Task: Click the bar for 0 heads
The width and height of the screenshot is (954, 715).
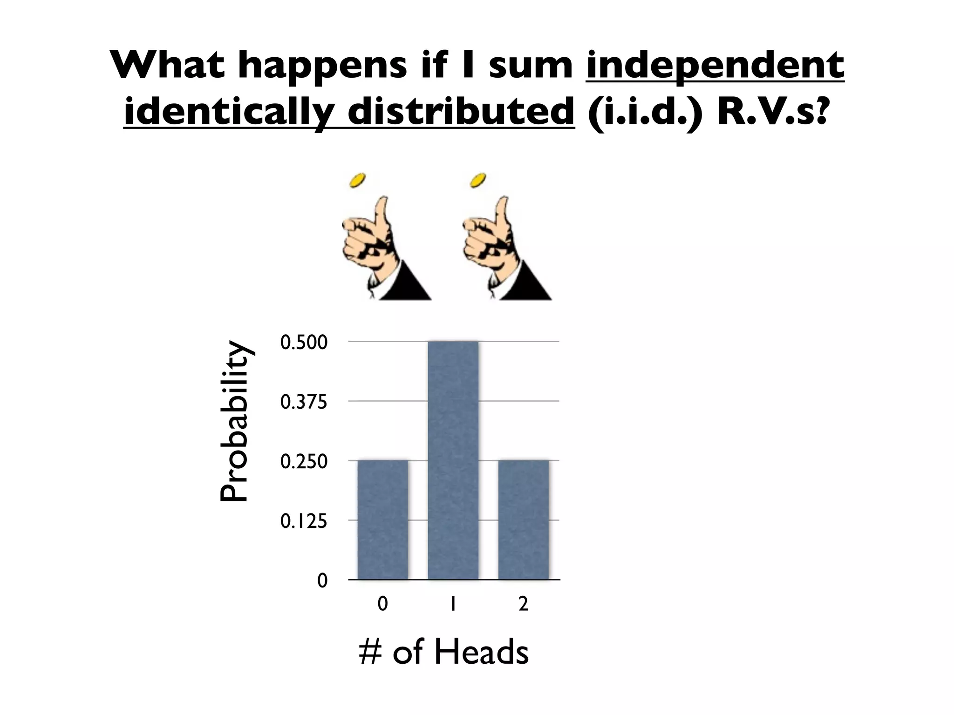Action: (382, 519)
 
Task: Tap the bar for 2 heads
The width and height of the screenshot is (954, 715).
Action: (523, 519)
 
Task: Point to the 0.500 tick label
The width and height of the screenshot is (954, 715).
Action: (304, 343)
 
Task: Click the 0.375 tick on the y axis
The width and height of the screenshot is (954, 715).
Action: (304, 402)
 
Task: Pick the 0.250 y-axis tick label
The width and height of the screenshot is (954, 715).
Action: (304, 461)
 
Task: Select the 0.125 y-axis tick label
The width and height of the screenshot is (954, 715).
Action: (304, 521)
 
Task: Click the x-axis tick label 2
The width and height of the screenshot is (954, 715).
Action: (523, 604)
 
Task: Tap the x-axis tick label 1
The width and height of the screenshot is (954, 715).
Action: (452, 604)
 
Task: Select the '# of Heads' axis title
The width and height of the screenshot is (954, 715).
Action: (443, 652)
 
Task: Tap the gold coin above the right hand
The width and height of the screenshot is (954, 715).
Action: (478, 181)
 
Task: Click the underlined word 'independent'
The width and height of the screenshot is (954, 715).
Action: (715, 65)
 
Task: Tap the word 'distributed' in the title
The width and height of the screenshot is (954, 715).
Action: (460, 112)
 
